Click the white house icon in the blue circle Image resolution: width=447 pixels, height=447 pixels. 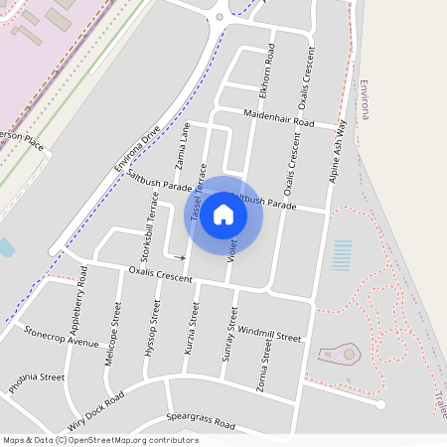click(223, 215)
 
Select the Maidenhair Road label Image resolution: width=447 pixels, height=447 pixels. click(278, 119)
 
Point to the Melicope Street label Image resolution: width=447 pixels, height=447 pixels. click(113, 342)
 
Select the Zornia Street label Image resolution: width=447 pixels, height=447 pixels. click(265, 367)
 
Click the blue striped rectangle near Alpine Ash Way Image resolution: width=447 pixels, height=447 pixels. click(343, 255)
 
